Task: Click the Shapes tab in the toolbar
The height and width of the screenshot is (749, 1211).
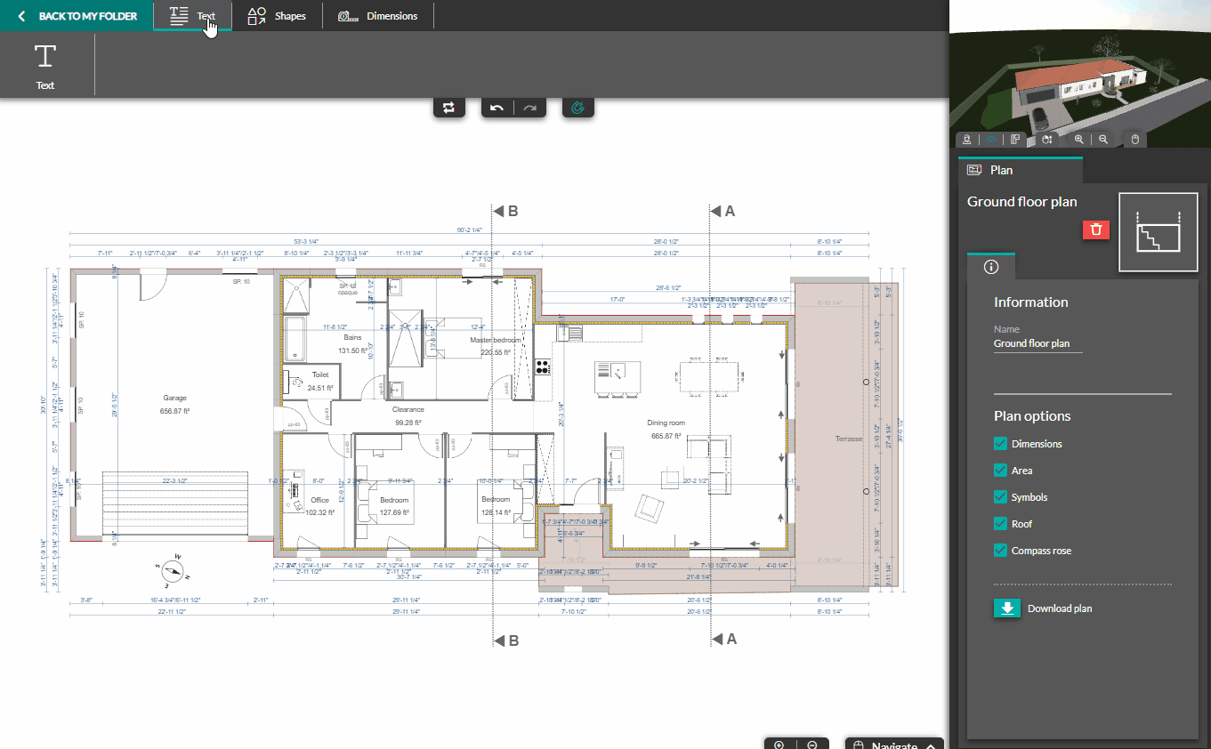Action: pos(277,16)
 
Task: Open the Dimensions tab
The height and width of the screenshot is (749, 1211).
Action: pos(378,16)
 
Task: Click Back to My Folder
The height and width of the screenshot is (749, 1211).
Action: pos(77,16)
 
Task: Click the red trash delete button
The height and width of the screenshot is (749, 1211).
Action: pos(1096,230)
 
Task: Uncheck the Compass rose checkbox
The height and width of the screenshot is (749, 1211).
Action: pos(1000,551)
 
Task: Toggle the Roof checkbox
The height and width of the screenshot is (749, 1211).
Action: pos(1000,524)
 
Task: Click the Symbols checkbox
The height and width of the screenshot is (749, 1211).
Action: pos(1000,497)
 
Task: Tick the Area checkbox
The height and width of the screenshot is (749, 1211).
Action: pos(1000,471)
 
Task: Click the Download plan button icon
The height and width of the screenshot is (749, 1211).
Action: pos(1007,608)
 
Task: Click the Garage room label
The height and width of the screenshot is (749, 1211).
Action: pos(174,399)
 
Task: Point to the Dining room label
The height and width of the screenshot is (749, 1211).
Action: pos(666,423)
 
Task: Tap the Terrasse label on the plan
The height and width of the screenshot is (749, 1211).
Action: pos(848,439)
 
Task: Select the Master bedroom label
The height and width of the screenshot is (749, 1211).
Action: pos(496,340)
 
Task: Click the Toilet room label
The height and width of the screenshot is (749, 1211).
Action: pos(320,375)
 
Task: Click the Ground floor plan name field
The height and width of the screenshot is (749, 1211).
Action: pos(1037,343)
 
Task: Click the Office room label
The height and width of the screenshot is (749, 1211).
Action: pos(319,500)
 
